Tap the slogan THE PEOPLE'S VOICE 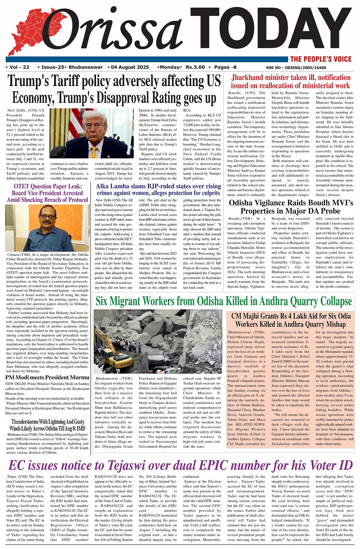tap(321, 59)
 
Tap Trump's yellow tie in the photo tap(94, 152)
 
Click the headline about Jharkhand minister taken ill tap(291, 81)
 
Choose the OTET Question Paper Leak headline tap(47, 193)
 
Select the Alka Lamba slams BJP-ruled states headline tap(158, 190)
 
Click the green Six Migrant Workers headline tap(224, 301)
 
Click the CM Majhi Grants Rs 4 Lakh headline tap(291, 320)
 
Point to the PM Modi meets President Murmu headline tap(47, 378)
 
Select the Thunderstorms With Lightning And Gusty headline tap(47, 425)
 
